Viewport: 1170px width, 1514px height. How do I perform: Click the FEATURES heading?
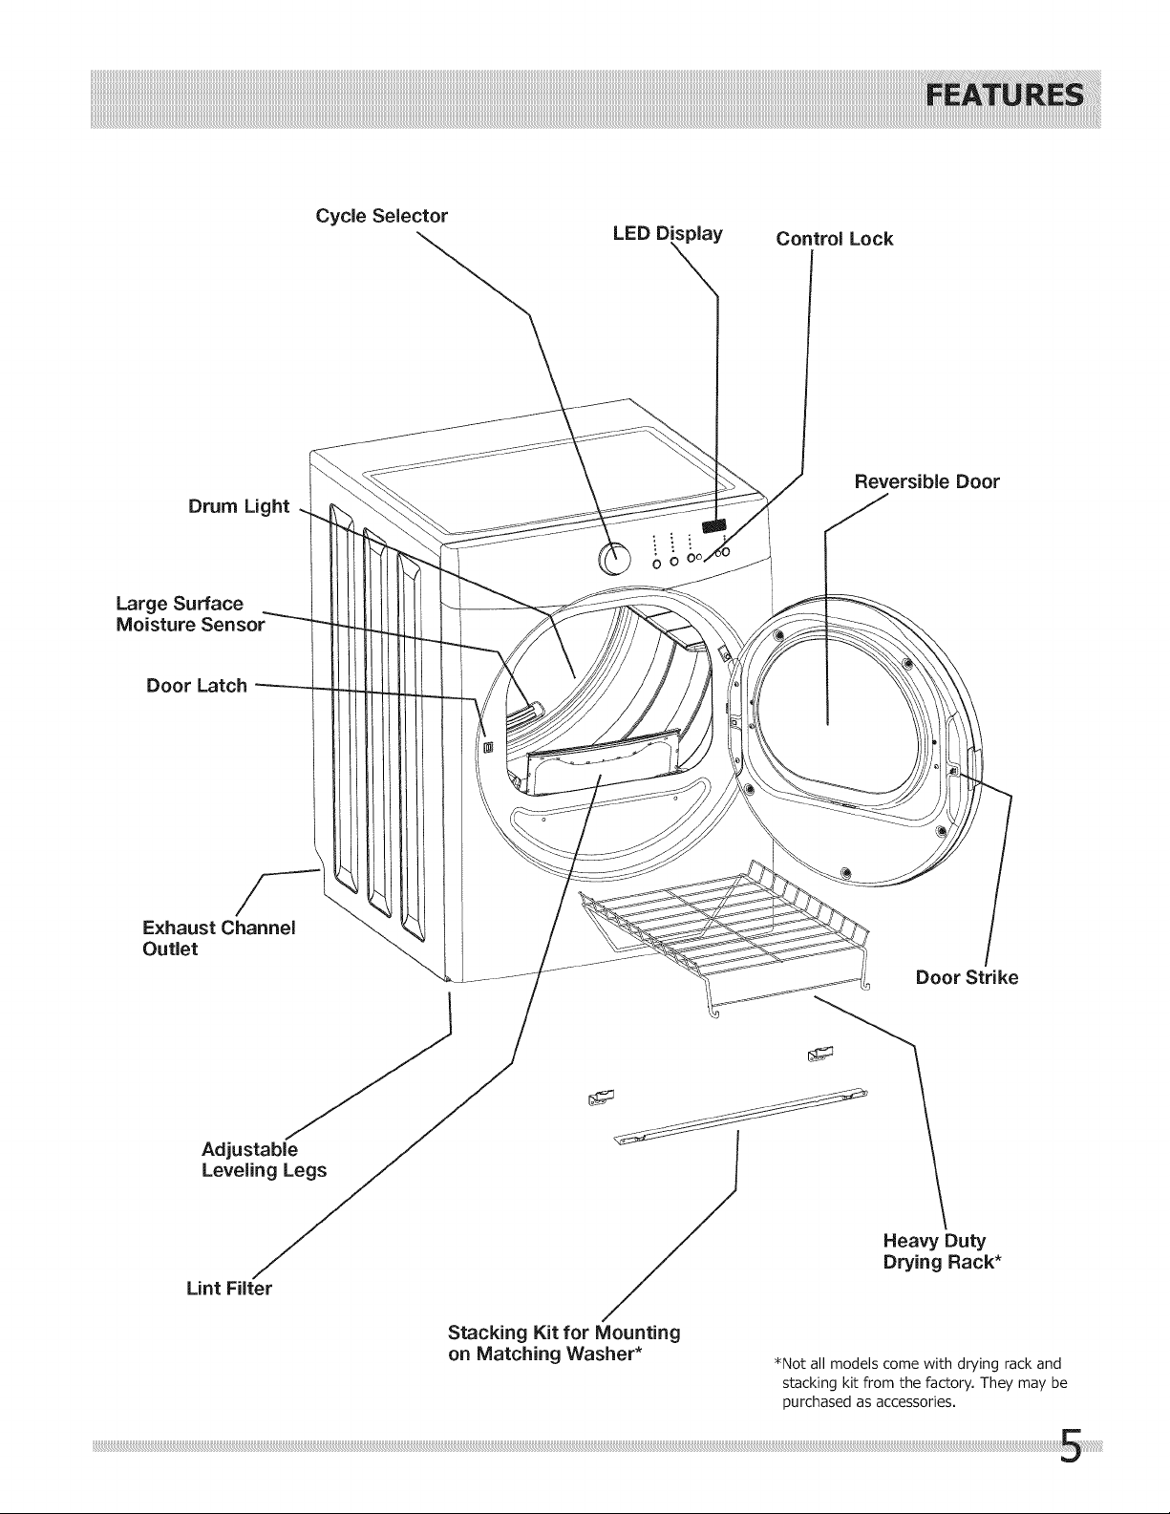point(1004,96)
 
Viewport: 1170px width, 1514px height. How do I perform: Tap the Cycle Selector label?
point(382,216)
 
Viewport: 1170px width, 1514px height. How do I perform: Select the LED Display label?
point(668,233)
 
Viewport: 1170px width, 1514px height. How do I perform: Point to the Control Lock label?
point(835,239)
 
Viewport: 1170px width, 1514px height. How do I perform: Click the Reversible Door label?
point(927,481)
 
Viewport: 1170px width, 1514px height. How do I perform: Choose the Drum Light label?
point(239,506)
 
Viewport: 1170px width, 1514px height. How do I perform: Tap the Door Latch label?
point(197,686)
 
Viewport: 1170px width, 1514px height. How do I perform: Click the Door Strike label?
point(967,977)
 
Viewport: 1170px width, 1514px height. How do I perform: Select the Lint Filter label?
point(229,1289)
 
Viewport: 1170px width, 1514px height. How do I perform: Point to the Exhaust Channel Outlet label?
point(219,938)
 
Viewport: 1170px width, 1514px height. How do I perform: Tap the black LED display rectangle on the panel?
point(714,524)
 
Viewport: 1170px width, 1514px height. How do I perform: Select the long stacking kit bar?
point(741,1115)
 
